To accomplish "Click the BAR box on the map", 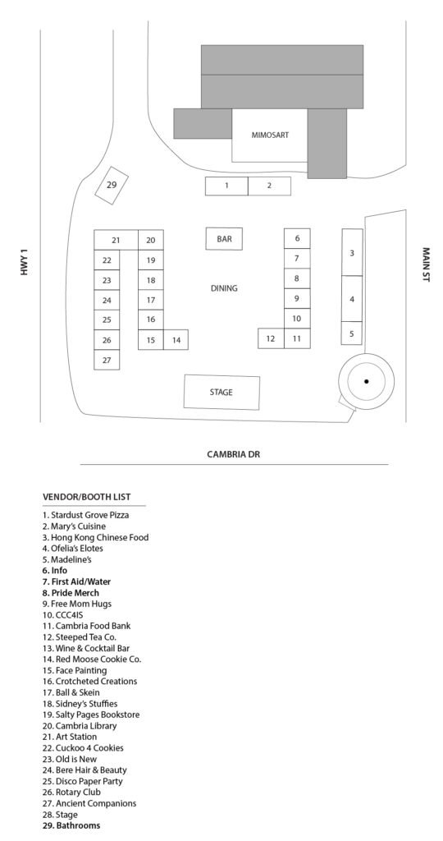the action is tap(224, 239).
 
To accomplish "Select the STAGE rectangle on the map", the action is tap(221, 392).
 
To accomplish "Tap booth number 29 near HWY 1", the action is tap(112, 185).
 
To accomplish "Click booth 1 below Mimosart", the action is tap(226, 186).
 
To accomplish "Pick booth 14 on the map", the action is tap(176, 340).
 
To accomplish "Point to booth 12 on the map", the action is tap(271, 338).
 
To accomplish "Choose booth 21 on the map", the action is tap(116, 240).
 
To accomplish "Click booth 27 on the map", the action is tap(107, 360).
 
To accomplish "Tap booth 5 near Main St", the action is tap(352, 333).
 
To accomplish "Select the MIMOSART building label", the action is tap(270, 136).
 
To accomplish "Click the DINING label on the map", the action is tap(224, 288).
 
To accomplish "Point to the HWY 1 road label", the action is tap(23, 262).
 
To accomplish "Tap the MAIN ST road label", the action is tap(427, 264).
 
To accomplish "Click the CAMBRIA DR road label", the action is tap(234, 454).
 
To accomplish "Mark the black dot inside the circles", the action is tap(367, 381).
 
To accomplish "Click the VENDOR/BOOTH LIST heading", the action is tap(87, 497).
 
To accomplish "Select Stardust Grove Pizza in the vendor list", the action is tap(85, 516).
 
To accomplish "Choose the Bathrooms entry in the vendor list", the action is tap(71, 825).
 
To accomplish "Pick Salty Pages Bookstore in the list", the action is tap(91, 715).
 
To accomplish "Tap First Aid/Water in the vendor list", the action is tap(76, 582).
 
